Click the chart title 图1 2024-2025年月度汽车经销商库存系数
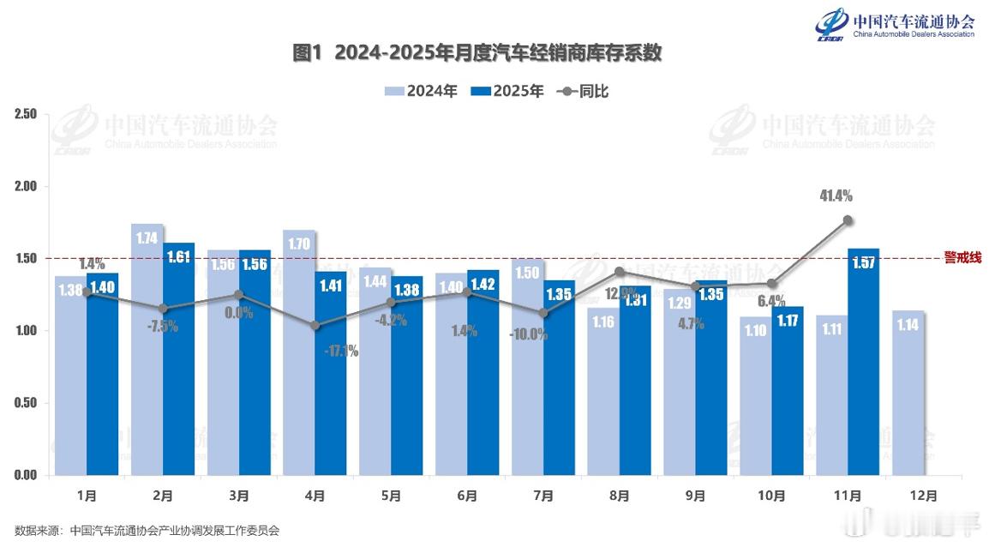[x=477, y=53]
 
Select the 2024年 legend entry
[x=421, y=91]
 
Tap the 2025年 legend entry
[x=507, y=91]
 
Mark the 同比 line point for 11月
[x=848, y=220]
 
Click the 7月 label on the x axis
[x=543, y=496]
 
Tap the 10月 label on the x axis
[x=771, y=496]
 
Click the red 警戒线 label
[x=962, y=257]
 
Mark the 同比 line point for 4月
[x=316, y=326]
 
